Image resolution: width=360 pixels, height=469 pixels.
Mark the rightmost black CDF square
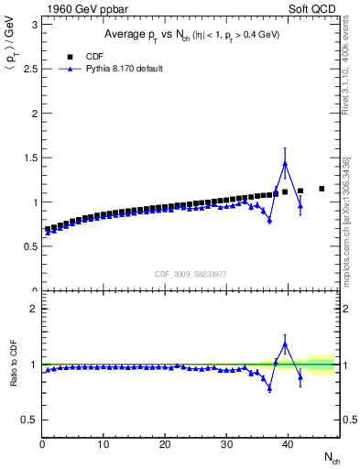pyautogui.click(x=322, y=189)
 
